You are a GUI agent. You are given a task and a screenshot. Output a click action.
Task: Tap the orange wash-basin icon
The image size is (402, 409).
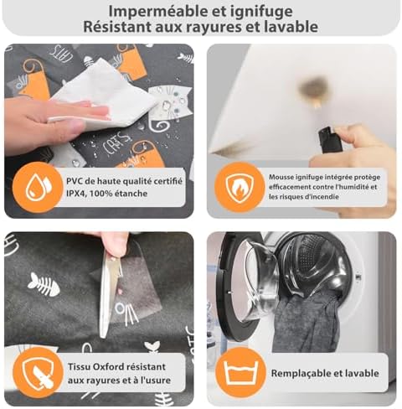[237, 373]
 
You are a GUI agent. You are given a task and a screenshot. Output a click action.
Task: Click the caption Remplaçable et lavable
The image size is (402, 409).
[323, 373]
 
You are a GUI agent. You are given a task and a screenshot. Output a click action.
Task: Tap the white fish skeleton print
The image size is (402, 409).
[43, 286]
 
